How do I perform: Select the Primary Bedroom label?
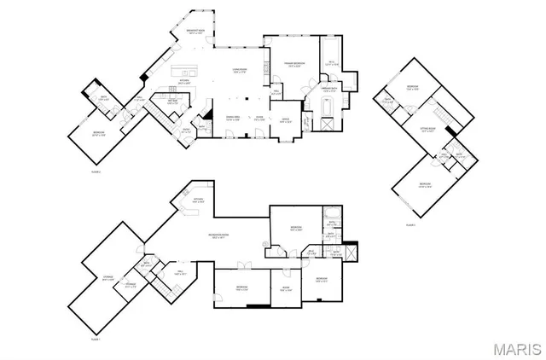pyautogui.click(x=295, y=66)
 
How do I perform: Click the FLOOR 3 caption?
pyautogui.click(x=410, y=224)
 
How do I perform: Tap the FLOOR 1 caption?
pyautogui.click(x=96, y=339)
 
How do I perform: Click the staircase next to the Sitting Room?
pyautogui.click(x=442, y=114)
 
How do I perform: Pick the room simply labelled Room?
pyautogui.click(x=287, y=288)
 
